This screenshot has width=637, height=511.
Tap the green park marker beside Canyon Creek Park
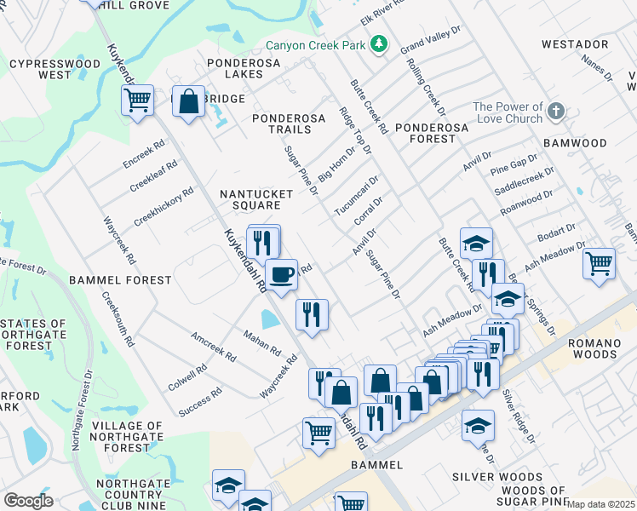pyautogui.click(x=378, y=43)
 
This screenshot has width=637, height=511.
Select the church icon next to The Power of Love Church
pyautogui.click(x=555, y=111)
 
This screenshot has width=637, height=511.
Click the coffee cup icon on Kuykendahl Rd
pyautogui.click(x=281, y=274)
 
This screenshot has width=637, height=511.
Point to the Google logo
pyautogui.click(x=28, y=501)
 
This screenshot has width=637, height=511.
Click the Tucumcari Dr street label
pyautogui.click(x=356, y=197)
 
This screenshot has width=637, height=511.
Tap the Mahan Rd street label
pyautogui.click(x=262, y=342)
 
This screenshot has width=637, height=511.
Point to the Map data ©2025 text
pyautogui.click(x=600, y=504)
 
